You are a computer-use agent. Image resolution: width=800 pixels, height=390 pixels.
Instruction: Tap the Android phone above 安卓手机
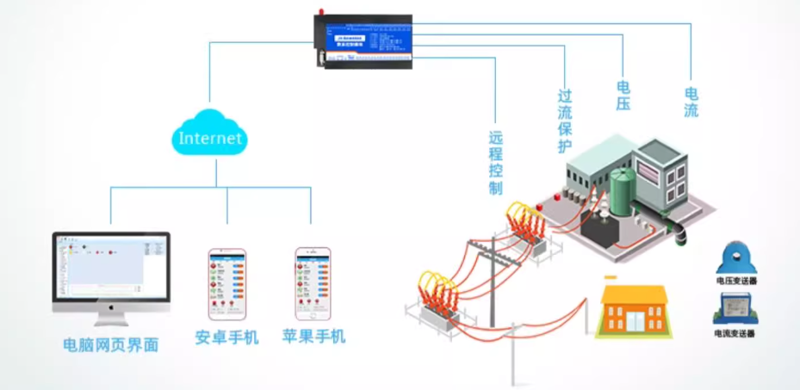226,283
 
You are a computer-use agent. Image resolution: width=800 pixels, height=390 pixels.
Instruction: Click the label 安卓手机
226,337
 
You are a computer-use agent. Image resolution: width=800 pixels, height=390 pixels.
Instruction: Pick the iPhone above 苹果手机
313,283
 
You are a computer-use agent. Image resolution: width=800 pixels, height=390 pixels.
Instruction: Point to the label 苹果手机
313,337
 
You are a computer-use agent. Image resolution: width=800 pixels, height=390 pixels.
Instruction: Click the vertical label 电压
623,96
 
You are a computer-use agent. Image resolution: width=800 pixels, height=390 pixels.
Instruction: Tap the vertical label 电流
691,102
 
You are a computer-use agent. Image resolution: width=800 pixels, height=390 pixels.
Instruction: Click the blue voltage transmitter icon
735,257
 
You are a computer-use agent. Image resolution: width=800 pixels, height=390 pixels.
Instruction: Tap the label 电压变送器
735,280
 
